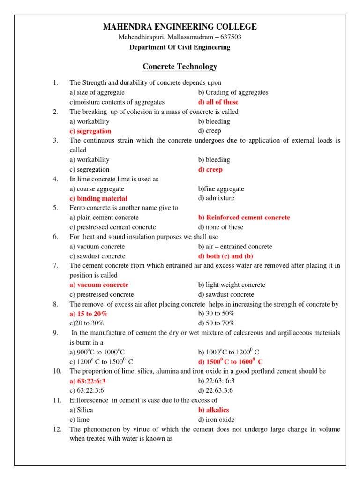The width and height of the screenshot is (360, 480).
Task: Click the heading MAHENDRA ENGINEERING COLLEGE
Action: pyautogui.click(x=180, y=27)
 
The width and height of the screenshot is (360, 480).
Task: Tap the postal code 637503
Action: pyautogui.click(x=230, y=37)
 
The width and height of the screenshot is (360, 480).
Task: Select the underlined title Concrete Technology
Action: pyautogui.click(x=180, y=67)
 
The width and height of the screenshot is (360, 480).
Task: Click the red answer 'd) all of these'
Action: pyautogui.click(x=218, y=102)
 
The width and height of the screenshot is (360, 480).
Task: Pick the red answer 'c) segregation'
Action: pyautogui.click(x=90, y=131)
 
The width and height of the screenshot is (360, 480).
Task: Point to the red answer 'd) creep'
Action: pyautogui.click(x=210, y=169)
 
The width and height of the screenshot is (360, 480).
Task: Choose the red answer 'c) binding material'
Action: pyautogui.click(x=98, y=198)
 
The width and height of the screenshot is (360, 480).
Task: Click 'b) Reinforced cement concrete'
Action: pyautogui.click(x=244, y=217)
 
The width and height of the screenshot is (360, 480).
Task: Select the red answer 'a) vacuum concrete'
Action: pyautogui.click(x=99, y=285)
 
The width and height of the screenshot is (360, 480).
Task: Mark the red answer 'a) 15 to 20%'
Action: pyautogui.click(x=88, y=314)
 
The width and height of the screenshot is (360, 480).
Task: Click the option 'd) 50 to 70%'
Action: pyautogui.click(x=216, y=323)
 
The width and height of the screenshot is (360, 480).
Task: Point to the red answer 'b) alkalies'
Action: pyautogui.click(x=214, y=410)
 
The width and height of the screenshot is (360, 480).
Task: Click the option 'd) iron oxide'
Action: pyautogui.click(x=216, y=420)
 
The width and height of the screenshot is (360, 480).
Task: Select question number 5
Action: pyautogui.click(x=55, y=208)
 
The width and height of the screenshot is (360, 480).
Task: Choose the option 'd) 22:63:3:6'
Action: pyautogui.click(x=216, y=390)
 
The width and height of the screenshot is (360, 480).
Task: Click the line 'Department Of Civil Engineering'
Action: pyautogui.click(x=180, y=47)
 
